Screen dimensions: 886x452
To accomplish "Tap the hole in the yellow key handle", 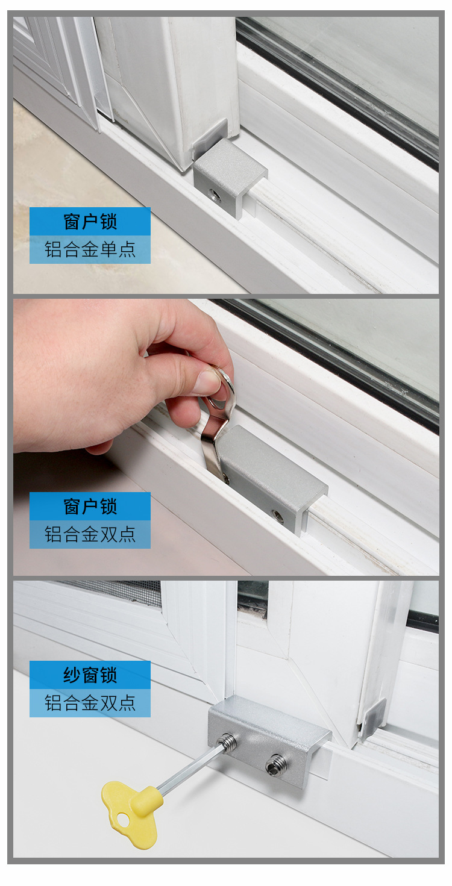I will (123, 819).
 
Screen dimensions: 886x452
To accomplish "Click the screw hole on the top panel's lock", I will (215, 194).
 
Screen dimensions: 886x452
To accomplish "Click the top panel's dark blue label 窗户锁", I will (90, 221).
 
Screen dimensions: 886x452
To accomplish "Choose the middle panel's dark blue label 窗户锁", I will (90, 506).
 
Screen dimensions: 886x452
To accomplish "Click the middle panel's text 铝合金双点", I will (90, 534).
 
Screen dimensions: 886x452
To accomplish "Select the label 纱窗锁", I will (90, 675).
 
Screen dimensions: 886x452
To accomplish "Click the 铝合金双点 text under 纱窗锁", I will (90, 703).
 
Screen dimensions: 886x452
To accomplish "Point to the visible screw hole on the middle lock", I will (277, 516).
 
